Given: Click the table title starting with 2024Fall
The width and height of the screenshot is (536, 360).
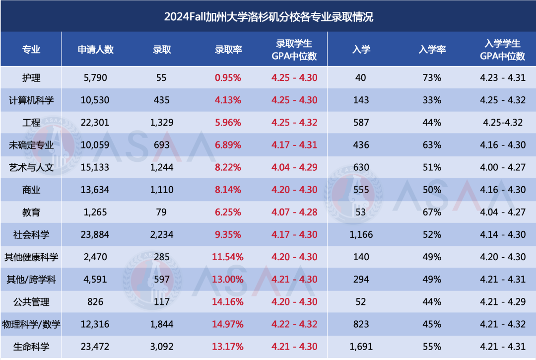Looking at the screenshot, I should [x=268, y=17].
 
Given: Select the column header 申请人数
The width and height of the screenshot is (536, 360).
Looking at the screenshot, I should [x=96, y=49].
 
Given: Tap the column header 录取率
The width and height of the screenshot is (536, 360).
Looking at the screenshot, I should [x=228, y=49].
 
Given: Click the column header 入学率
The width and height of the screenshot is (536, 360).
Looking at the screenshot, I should [x=432, y=49].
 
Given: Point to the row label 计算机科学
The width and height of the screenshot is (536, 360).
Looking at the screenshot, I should [x=31, y=100].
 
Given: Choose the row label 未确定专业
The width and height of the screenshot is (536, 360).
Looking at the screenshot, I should [x=31, y=145].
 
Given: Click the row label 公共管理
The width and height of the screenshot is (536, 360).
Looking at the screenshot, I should [x=31, y=301].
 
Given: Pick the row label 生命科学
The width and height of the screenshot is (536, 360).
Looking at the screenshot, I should [x=31, y=346].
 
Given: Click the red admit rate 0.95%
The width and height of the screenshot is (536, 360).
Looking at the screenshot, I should [x=228, y=77].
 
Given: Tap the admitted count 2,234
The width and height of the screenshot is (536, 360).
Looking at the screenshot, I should [x=162, y=234].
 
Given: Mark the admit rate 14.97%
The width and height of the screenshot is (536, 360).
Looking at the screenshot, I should [x=228, y=324].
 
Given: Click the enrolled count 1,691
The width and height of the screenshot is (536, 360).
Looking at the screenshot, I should [x=361, y=346].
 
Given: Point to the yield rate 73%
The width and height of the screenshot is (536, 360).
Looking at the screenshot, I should [x=432, y=77].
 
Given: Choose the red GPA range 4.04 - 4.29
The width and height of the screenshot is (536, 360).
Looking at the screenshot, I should [x=294, y=167].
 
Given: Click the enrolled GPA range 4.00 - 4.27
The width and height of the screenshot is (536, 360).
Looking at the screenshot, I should [x=502, y=167].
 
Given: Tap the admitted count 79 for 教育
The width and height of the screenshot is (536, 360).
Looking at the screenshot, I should [x=162, y=212].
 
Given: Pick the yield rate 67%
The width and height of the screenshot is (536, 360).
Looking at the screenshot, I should [x=432, y=212].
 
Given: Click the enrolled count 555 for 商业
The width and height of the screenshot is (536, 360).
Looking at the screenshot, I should [x=361, y=190].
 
